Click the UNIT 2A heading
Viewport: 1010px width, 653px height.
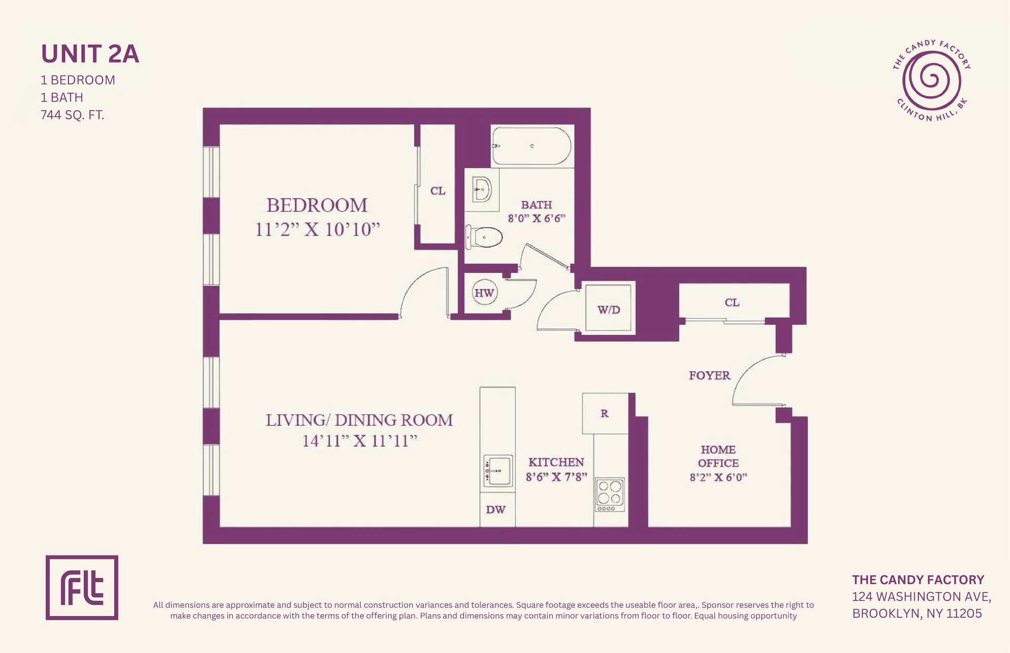point(90,54)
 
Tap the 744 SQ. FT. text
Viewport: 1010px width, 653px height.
point(73,115)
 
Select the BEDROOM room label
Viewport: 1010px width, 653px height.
point(317,205)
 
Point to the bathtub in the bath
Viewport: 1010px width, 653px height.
point(531,146)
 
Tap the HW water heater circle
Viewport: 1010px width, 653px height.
point(484,293)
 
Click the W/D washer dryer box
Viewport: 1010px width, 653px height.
point(609,308)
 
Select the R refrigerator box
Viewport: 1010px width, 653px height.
point(605,413)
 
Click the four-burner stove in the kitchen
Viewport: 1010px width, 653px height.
point(610,494)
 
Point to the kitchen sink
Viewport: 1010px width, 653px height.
point(498,471)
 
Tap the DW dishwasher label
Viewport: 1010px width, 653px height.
point(496,509)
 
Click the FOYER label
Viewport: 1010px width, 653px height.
point(710,375)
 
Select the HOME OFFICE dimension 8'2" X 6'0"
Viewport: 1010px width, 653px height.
point(719,477)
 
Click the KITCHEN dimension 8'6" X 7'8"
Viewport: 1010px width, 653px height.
point(557,477)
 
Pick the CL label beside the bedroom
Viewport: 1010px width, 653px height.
point(438,191)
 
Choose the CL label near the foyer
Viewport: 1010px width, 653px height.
point(732,302)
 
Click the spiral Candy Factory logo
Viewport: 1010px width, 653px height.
point(931,80)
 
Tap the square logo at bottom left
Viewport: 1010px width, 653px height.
point(82,587)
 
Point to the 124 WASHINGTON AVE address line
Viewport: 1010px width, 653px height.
point(922,597)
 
